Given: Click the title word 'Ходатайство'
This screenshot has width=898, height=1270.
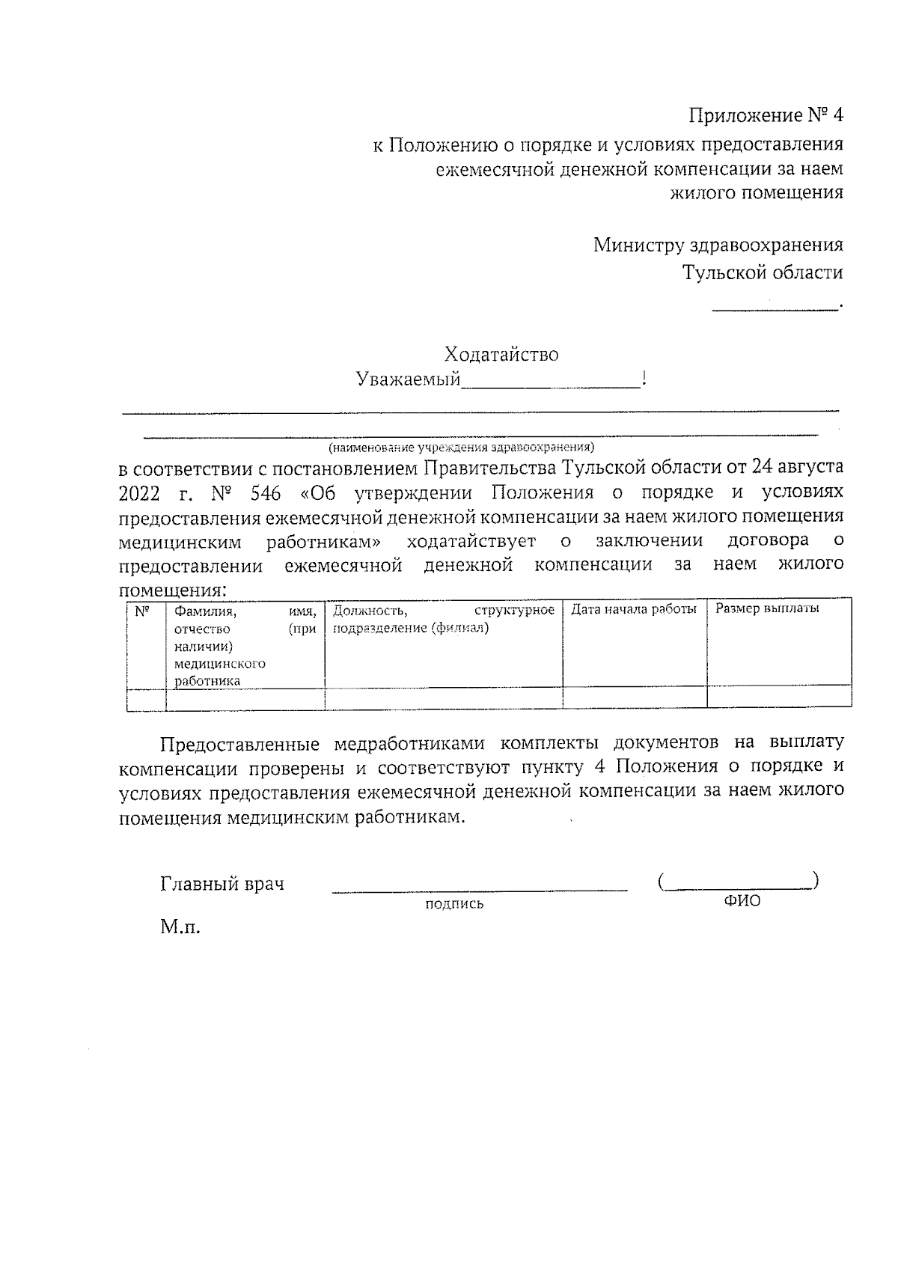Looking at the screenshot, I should [501, 354].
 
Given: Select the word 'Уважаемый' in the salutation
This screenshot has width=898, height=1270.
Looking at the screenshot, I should [408, 379].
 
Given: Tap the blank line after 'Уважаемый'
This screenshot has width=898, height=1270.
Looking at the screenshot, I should [551, 382].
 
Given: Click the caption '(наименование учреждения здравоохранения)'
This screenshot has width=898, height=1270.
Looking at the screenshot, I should [460, 448].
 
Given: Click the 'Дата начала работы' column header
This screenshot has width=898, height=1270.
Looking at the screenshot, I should [634, 609].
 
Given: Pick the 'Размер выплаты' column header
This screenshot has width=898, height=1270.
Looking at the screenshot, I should [767, 608].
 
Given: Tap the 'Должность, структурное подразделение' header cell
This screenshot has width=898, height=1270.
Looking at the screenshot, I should [443, 619].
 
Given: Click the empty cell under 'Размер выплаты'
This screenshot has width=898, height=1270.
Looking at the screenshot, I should [778, 698].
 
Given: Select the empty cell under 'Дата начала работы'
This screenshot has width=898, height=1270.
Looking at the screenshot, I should [634, 698].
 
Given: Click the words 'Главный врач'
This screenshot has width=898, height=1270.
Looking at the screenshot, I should [222, 884].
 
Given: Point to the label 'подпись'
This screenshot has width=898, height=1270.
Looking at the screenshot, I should [454, 904].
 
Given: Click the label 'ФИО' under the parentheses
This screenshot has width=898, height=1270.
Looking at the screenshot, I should [742, 901].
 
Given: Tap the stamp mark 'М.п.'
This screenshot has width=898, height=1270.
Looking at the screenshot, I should [180, 929].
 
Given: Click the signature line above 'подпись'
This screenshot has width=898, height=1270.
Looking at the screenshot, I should [479, 889].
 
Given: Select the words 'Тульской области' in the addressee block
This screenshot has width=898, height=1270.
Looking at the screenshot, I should [762, 272].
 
